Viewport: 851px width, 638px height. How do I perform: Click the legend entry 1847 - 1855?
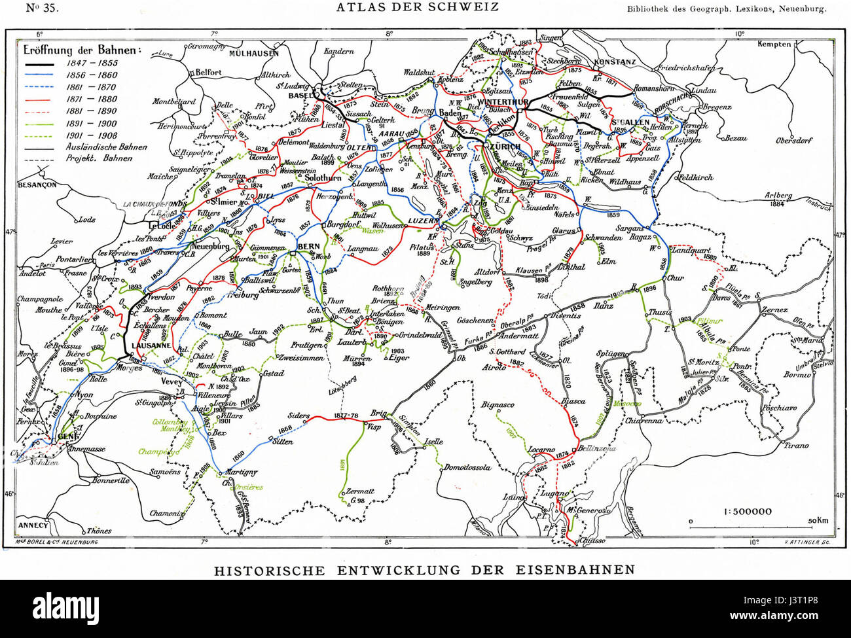(x=91, y=63)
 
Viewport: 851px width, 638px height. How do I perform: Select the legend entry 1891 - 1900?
(x=91, y=123)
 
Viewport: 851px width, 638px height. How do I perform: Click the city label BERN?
(x=308, y=245)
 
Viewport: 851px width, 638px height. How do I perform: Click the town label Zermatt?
(x=361, y=491)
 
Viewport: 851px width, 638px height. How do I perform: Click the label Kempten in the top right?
(x=774, y=44)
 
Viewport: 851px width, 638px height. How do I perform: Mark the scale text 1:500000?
(x=748, y=511)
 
